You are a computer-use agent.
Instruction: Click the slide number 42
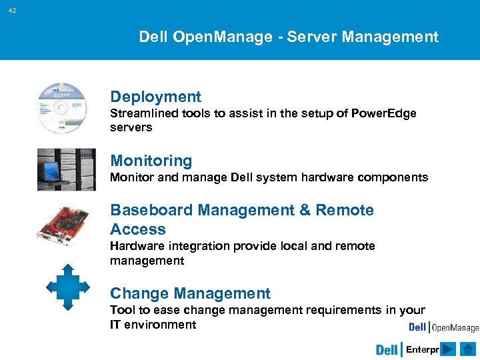pos(13,11)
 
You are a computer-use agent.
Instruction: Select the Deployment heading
pos(155,97)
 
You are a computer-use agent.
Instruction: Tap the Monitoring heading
pos(151,161)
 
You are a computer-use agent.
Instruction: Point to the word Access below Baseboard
pos(137,229)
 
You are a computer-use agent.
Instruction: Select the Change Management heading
pos(190,293)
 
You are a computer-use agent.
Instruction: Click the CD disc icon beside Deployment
pos(61,107)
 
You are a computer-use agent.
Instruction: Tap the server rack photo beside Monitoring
pos(66,169)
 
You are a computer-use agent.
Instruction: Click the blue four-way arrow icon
pos(67,287)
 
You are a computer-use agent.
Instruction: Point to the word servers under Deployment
pos(131,127)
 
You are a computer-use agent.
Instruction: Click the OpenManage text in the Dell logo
pos(455,327)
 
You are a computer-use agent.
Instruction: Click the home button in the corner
pos(467,349)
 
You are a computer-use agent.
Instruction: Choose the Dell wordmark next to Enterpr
pos(387,350)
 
